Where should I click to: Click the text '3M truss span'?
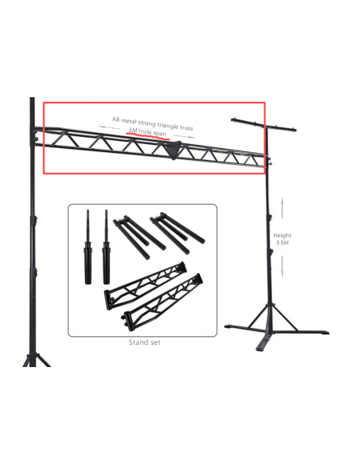point(147,132)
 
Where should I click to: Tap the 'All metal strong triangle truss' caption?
point(152,123)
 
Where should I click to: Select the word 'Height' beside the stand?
point(282,235)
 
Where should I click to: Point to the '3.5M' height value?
point(282,243)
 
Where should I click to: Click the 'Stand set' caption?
point(144,342)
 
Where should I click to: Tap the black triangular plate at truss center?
point(173,150)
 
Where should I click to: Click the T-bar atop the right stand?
point(264,124)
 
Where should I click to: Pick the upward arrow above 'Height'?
point(282,208)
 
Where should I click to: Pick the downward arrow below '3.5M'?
point(282,267)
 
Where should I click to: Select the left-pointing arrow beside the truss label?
point(109,127)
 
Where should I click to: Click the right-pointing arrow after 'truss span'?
point(185,136)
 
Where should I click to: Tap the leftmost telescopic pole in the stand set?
point(88,247)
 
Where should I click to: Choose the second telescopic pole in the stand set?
point(107,247)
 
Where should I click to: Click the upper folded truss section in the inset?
point(146,286)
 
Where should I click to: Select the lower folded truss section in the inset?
point(162,301)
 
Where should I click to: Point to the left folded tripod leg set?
point(139,236)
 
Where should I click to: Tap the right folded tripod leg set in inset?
point(177,232)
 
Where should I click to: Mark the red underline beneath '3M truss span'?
point(147,136)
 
